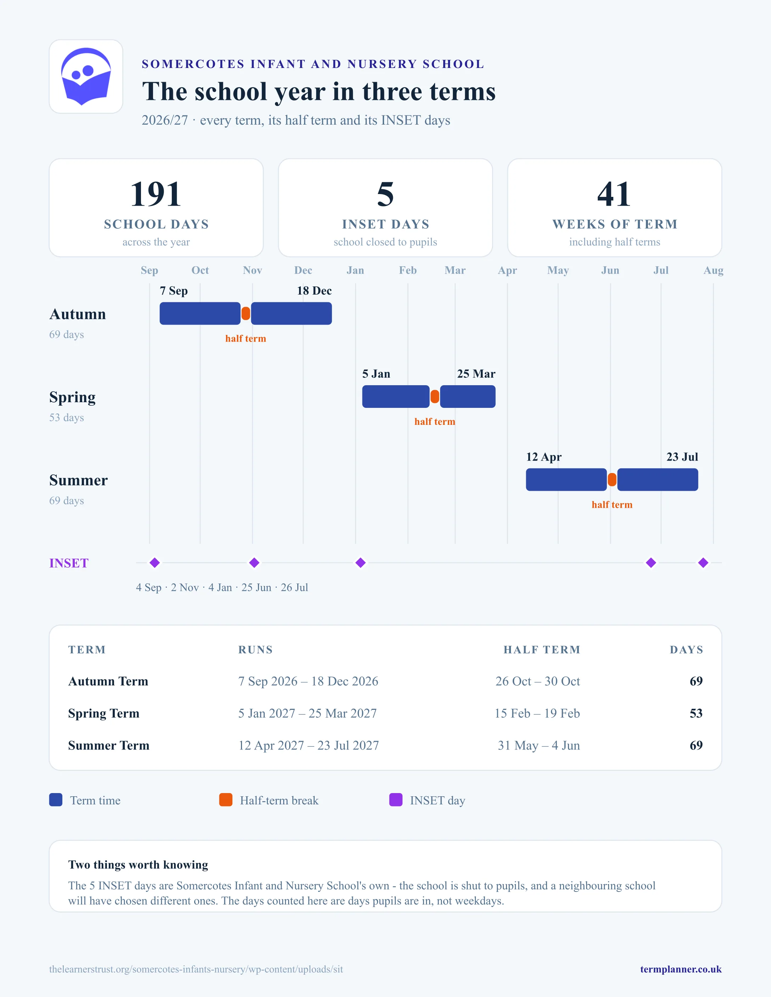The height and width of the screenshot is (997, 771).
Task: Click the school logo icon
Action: (86, 76)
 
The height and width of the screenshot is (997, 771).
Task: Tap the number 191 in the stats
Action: (156, 194)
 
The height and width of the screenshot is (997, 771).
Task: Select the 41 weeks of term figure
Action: (614, 194)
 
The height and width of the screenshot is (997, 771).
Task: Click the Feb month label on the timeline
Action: (408, 270)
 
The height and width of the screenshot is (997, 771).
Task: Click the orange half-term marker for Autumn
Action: (246, 314)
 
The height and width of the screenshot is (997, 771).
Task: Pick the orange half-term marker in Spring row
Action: (435, 397)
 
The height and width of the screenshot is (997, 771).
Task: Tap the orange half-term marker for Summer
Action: (612, 480)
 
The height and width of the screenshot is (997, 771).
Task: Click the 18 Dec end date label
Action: (314, 291)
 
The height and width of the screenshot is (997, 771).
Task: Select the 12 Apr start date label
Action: (544, 457)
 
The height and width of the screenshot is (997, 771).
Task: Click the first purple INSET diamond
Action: (155, 563)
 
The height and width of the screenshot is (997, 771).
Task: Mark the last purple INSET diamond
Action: (703, 563)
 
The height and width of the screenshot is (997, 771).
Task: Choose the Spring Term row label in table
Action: (104, 713)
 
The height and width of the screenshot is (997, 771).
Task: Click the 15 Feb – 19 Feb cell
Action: (537, 713)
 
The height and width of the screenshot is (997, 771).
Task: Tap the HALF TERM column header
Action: (542, 650)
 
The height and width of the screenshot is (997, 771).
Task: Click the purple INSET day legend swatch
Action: (395, 800)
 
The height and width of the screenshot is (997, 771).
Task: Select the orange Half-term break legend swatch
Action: (226, 800)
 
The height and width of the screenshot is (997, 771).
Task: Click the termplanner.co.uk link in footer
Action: (681, 969)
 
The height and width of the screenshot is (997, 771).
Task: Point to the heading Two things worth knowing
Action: (138, 865)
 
